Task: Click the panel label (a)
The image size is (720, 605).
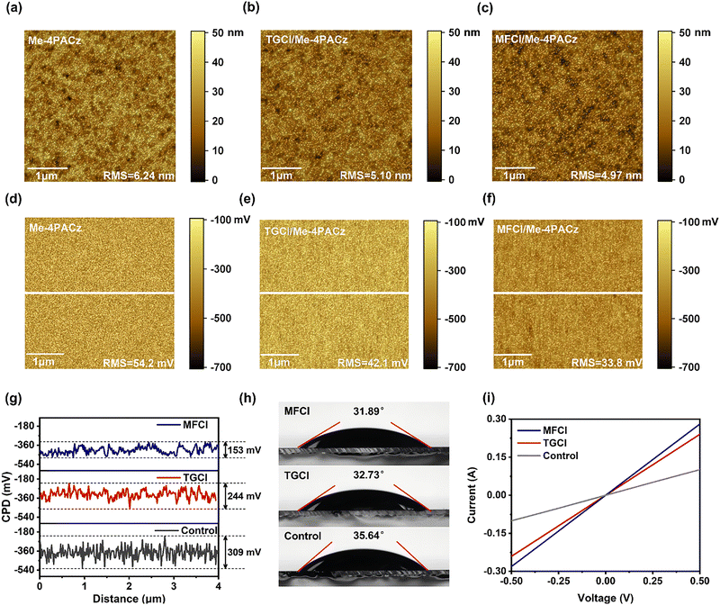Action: [x=13, y=9]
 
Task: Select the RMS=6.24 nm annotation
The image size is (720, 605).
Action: [x=139, y=176]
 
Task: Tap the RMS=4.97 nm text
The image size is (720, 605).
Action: [x=606, y=176]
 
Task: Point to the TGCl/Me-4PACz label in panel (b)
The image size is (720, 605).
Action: [x=307, y=40]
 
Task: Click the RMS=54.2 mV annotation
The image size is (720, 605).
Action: [x=139, y=364]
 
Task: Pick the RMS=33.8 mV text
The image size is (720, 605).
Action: [x=607, y=363]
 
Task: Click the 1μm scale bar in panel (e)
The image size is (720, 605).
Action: [x=279, y=355]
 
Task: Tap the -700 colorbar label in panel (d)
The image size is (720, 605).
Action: [x=220, y=367]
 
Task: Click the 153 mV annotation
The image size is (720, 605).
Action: [x=244, y=450]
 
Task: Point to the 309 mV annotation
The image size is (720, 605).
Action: [x=244, y=552]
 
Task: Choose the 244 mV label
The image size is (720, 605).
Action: [x=244, y=496]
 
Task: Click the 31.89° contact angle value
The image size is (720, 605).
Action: [x=368, y=411]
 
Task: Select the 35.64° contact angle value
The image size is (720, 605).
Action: [x=368, y=536]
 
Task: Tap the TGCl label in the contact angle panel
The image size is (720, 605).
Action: [x=297, y=475]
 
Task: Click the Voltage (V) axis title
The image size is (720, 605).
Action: [x=605, y=598]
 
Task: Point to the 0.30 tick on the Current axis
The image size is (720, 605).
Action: [x=497, y=419]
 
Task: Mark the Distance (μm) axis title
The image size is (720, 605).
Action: [x=129, y=599]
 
